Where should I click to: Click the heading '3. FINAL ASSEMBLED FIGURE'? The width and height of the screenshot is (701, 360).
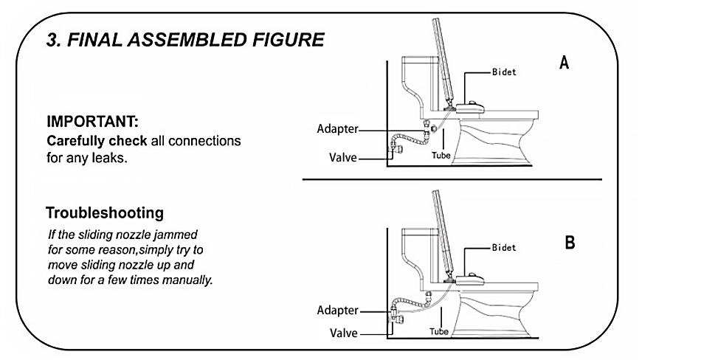185,40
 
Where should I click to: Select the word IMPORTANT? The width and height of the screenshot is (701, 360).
92,121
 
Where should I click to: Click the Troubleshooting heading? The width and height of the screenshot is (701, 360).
104,213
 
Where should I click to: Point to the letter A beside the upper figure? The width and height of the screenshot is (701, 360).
564,63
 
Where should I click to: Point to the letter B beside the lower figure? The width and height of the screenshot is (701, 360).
570,243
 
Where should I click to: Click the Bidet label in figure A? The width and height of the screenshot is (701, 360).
505,73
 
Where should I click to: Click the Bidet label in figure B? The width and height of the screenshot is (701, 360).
504,248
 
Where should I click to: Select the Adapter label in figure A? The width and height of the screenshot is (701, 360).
337,129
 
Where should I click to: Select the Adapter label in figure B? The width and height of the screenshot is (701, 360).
337,310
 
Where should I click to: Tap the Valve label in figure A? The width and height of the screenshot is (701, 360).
343,156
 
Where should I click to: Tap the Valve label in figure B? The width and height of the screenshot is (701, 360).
343,333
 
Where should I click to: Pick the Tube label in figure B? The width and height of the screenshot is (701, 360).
439,332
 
